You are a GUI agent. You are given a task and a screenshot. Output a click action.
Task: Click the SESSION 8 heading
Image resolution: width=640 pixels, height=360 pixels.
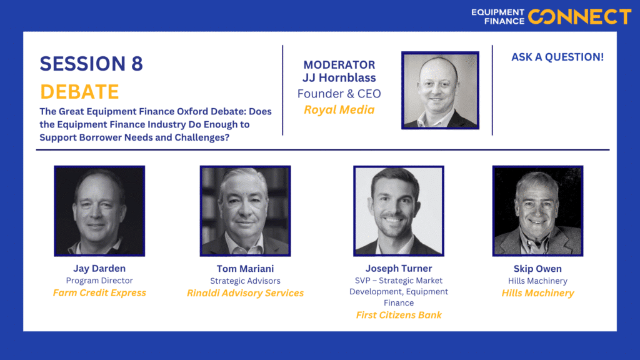click(91, 64)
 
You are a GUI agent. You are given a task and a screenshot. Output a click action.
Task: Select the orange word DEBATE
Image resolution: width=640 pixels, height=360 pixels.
click(79, 91)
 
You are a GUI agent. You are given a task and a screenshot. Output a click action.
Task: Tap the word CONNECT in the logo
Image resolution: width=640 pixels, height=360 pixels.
click(579, 17)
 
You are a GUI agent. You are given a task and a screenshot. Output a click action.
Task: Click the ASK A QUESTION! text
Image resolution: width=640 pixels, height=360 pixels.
click(557, 57)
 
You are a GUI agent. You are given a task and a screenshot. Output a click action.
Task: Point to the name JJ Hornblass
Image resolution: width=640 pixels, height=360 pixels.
click(339, 77)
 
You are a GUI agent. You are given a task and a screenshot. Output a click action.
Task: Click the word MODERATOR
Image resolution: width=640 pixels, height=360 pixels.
click(339, 64)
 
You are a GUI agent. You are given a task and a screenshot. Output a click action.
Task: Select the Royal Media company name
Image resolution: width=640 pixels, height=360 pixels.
click(339, 110)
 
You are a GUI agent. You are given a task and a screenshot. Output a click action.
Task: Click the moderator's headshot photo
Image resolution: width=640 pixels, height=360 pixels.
click(440, 90)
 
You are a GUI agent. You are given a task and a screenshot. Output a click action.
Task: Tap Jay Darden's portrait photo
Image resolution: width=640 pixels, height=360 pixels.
click(99, 211)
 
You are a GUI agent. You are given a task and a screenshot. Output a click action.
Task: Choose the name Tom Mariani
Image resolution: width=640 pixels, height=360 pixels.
click(245, 269)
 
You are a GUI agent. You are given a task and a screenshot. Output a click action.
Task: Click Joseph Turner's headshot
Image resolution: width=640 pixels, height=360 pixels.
click(399, 211)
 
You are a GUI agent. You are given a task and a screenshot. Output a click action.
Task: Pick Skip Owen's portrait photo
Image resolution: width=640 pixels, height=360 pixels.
click(538, 211)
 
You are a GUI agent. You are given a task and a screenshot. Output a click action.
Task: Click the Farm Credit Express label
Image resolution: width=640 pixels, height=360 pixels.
click(99, 293)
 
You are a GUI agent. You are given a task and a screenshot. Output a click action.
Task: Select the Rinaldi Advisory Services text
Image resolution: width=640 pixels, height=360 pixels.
click(245, 293)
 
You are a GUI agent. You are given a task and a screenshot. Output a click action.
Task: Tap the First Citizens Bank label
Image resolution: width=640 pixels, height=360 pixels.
click(399, 315)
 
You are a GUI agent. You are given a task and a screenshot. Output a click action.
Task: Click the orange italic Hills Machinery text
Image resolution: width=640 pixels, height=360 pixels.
click(538, 293)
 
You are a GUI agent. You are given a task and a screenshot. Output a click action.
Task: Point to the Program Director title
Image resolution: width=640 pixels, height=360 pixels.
click(99, 281)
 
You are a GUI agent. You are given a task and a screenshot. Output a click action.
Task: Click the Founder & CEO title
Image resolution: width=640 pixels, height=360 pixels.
click(339, 94)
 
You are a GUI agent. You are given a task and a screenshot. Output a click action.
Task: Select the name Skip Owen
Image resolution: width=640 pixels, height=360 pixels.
click(537, 269)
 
